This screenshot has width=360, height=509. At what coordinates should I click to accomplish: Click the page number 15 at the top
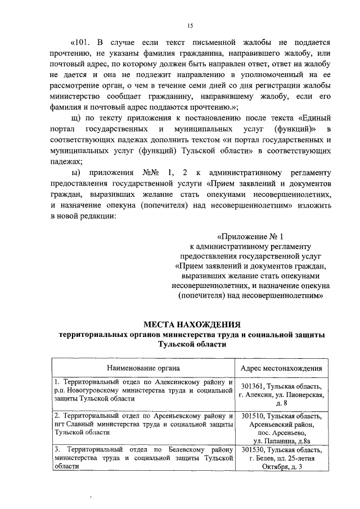point(190,25)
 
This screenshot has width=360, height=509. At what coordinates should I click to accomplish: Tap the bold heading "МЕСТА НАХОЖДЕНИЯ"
point(192,325)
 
